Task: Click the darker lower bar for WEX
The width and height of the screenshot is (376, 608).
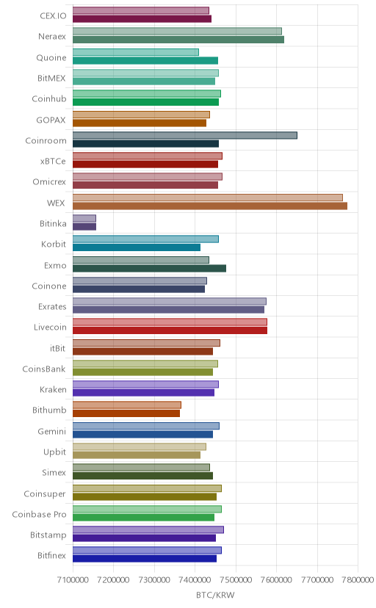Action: tap(210, 206)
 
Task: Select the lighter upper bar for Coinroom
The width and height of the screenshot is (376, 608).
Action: tap(185, 135)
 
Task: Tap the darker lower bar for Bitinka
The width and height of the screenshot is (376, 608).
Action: tap(84, 226)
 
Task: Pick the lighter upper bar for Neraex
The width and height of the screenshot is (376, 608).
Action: tap(177, 32)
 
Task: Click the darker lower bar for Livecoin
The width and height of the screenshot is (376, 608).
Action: tap(170, 330)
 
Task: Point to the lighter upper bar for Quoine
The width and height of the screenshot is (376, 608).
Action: tap(136, 52)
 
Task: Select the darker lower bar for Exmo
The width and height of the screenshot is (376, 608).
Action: tap(149, 268)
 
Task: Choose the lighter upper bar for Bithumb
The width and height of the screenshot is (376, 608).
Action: tap(127, 405)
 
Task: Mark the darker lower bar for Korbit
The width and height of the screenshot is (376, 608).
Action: tap(137, 247)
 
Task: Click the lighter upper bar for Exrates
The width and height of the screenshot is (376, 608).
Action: tap(170, 301)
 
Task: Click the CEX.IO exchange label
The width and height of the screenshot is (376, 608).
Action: tap(53, 16)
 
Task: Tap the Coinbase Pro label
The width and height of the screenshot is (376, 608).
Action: tap(39, 514)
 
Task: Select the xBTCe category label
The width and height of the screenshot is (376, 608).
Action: tap(53, 162)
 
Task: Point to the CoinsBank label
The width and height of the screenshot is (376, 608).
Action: tap(44, 369)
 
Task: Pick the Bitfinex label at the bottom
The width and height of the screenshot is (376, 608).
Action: tap(52, 556)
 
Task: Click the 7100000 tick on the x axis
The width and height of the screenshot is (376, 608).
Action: tap(73, 579)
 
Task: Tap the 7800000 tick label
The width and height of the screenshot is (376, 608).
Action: tap(358, 579)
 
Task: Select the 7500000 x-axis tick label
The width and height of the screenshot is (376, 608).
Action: tap(236, 579)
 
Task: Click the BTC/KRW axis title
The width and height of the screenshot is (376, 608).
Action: tap(215, 596)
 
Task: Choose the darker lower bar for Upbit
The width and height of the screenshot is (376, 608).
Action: tap(137, 455)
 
